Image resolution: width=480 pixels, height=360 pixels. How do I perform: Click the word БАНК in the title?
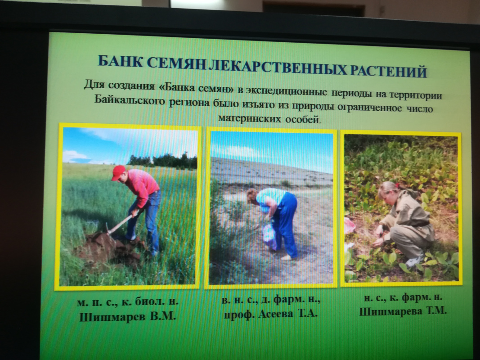120,62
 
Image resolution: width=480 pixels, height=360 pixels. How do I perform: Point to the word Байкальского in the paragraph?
130,100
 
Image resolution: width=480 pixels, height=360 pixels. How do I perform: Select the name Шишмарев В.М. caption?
128,316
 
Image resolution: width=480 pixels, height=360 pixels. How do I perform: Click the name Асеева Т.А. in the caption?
288,314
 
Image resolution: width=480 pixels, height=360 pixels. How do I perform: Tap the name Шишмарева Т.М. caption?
403,311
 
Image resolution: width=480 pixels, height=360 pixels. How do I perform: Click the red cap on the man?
118,172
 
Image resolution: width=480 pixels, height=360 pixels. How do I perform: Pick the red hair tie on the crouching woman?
397,185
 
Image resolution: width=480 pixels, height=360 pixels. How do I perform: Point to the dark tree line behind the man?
162,161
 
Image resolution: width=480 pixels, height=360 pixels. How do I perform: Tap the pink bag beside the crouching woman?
349,226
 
